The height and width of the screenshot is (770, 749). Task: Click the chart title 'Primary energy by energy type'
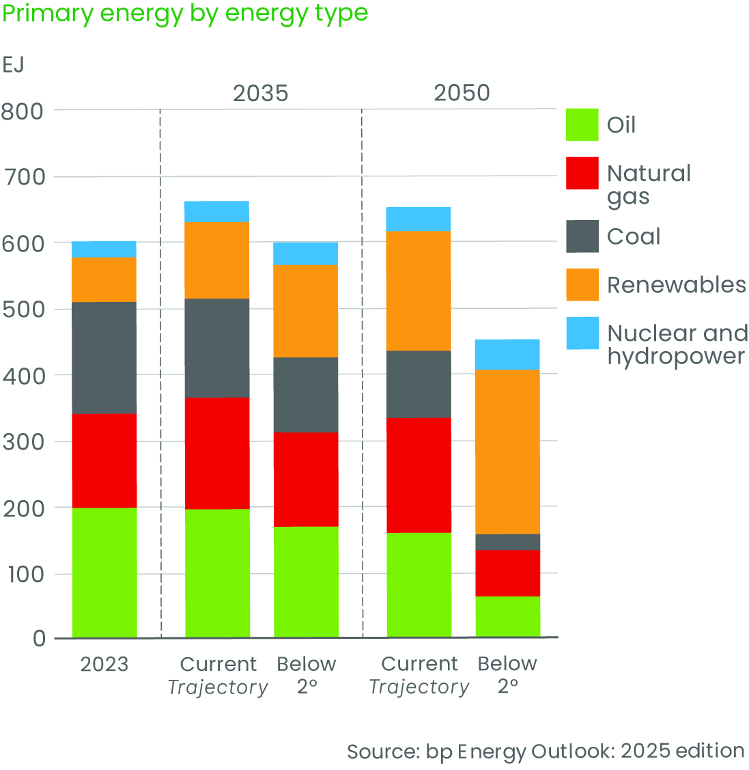(185, 14)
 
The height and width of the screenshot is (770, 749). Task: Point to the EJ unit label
(13, 65)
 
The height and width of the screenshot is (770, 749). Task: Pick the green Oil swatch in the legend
(582, 125)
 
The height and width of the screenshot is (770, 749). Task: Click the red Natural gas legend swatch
(582, 174)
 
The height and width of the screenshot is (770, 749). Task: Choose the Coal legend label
(634, 236)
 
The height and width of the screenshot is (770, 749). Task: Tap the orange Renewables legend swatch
(582, 285)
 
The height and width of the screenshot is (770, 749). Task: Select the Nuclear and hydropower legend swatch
(582, 333)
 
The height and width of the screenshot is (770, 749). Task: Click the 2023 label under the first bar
(104, 664)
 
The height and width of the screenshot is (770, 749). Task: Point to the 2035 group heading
(260, 93)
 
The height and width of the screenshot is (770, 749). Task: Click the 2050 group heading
(462, 93)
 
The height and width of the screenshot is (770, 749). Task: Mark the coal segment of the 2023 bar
(104, 357)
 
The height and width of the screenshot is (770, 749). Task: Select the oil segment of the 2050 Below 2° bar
(507, 617)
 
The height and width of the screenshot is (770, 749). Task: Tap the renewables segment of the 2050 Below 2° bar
(507, 452)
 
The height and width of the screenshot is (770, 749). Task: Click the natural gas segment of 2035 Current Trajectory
(217, 453)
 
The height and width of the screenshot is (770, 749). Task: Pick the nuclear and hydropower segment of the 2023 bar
(104, 249)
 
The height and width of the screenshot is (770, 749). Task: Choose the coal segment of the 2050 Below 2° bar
(507, 542)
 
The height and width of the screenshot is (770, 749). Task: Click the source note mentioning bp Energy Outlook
(545, 751)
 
